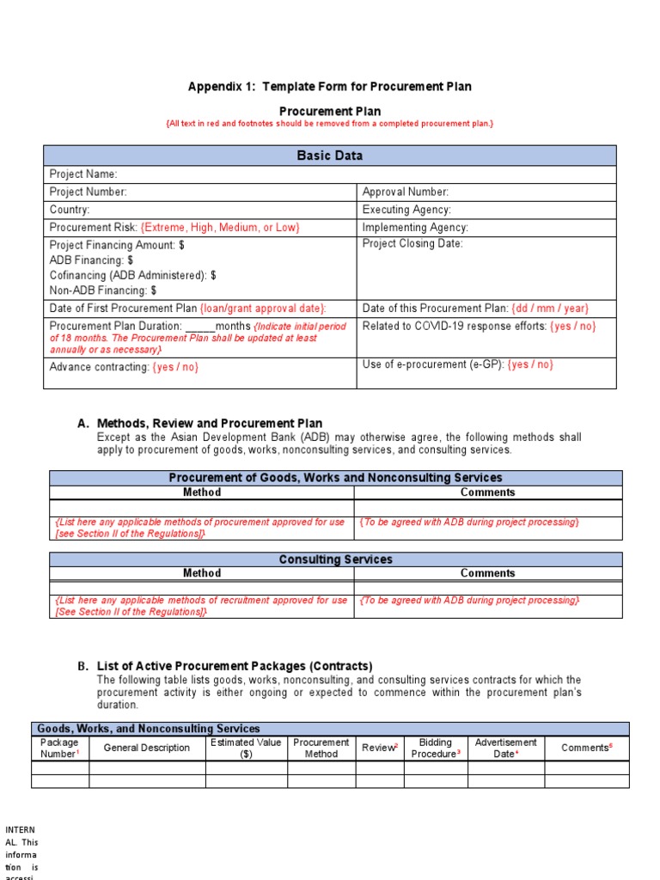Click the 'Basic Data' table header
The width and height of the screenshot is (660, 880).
[329, 156]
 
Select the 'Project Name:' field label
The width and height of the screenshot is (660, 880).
[83, 174]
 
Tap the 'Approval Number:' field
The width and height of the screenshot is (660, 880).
[406, 192]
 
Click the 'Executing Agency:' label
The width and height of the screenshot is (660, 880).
[406, 210]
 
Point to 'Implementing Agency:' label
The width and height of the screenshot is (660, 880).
[415, 228]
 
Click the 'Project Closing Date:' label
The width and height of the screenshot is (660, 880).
[412, 244]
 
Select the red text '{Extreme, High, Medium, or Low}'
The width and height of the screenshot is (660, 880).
[220, 228]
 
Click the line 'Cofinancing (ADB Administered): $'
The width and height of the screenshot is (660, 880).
[132, 275]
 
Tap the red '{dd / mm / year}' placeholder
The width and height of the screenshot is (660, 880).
[550, 309]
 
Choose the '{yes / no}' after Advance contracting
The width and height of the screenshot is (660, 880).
[175, 367]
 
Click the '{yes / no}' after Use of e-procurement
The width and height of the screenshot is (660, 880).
[530, 364]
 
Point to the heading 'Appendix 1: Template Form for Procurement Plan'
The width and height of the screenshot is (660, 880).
[329, 87]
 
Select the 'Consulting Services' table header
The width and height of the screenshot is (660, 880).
[335, 559]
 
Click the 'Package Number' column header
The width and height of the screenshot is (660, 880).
[60, 748]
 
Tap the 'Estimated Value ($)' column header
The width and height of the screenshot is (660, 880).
[246, 748]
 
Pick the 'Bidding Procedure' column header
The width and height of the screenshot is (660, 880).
[436, 748]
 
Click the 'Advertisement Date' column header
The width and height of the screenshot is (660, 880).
[505, 748]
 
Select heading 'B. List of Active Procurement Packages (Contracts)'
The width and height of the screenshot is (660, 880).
[224, 666]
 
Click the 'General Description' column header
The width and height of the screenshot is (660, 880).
[147, 748]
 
